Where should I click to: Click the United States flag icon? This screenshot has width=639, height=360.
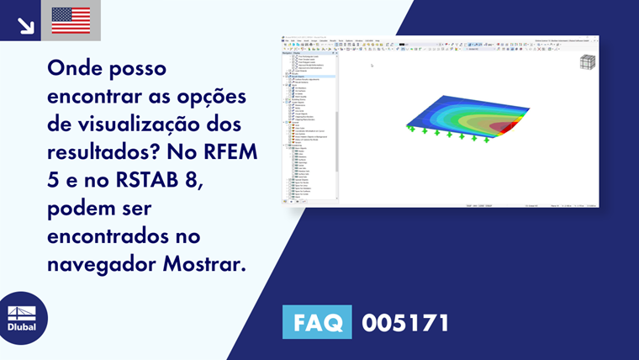click(x=71, y=20)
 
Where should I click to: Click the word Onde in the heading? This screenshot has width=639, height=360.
click(x=74, y=68)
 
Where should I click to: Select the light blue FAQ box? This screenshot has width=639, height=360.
click(x=317, y=322)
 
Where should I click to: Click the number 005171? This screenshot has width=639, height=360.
click(x=405, y=322)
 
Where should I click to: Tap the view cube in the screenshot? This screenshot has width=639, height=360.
click(x=587, y=61)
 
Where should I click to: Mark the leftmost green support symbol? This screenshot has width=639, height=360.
click(x=411, y=129)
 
